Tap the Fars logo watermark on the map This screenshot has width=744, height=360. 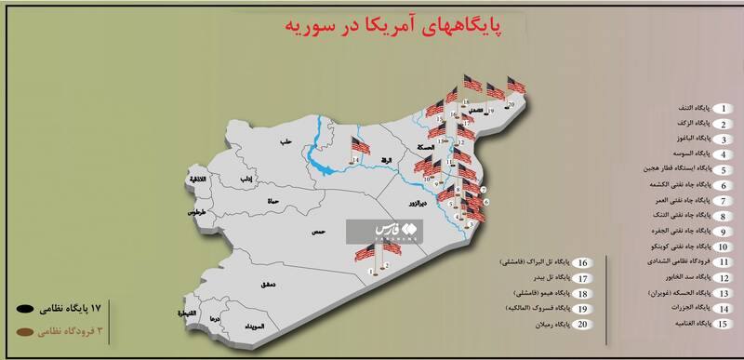[x=384, y=230]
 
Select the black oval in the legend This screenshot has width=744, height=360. [x=23, y=303]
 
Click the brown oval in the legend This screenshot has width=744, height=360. [x=23, y=328]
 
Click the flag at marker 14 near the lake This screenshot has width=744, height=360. [x=358, y=148]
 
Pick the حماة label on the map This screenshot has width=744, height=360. [x=247, y=200]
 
